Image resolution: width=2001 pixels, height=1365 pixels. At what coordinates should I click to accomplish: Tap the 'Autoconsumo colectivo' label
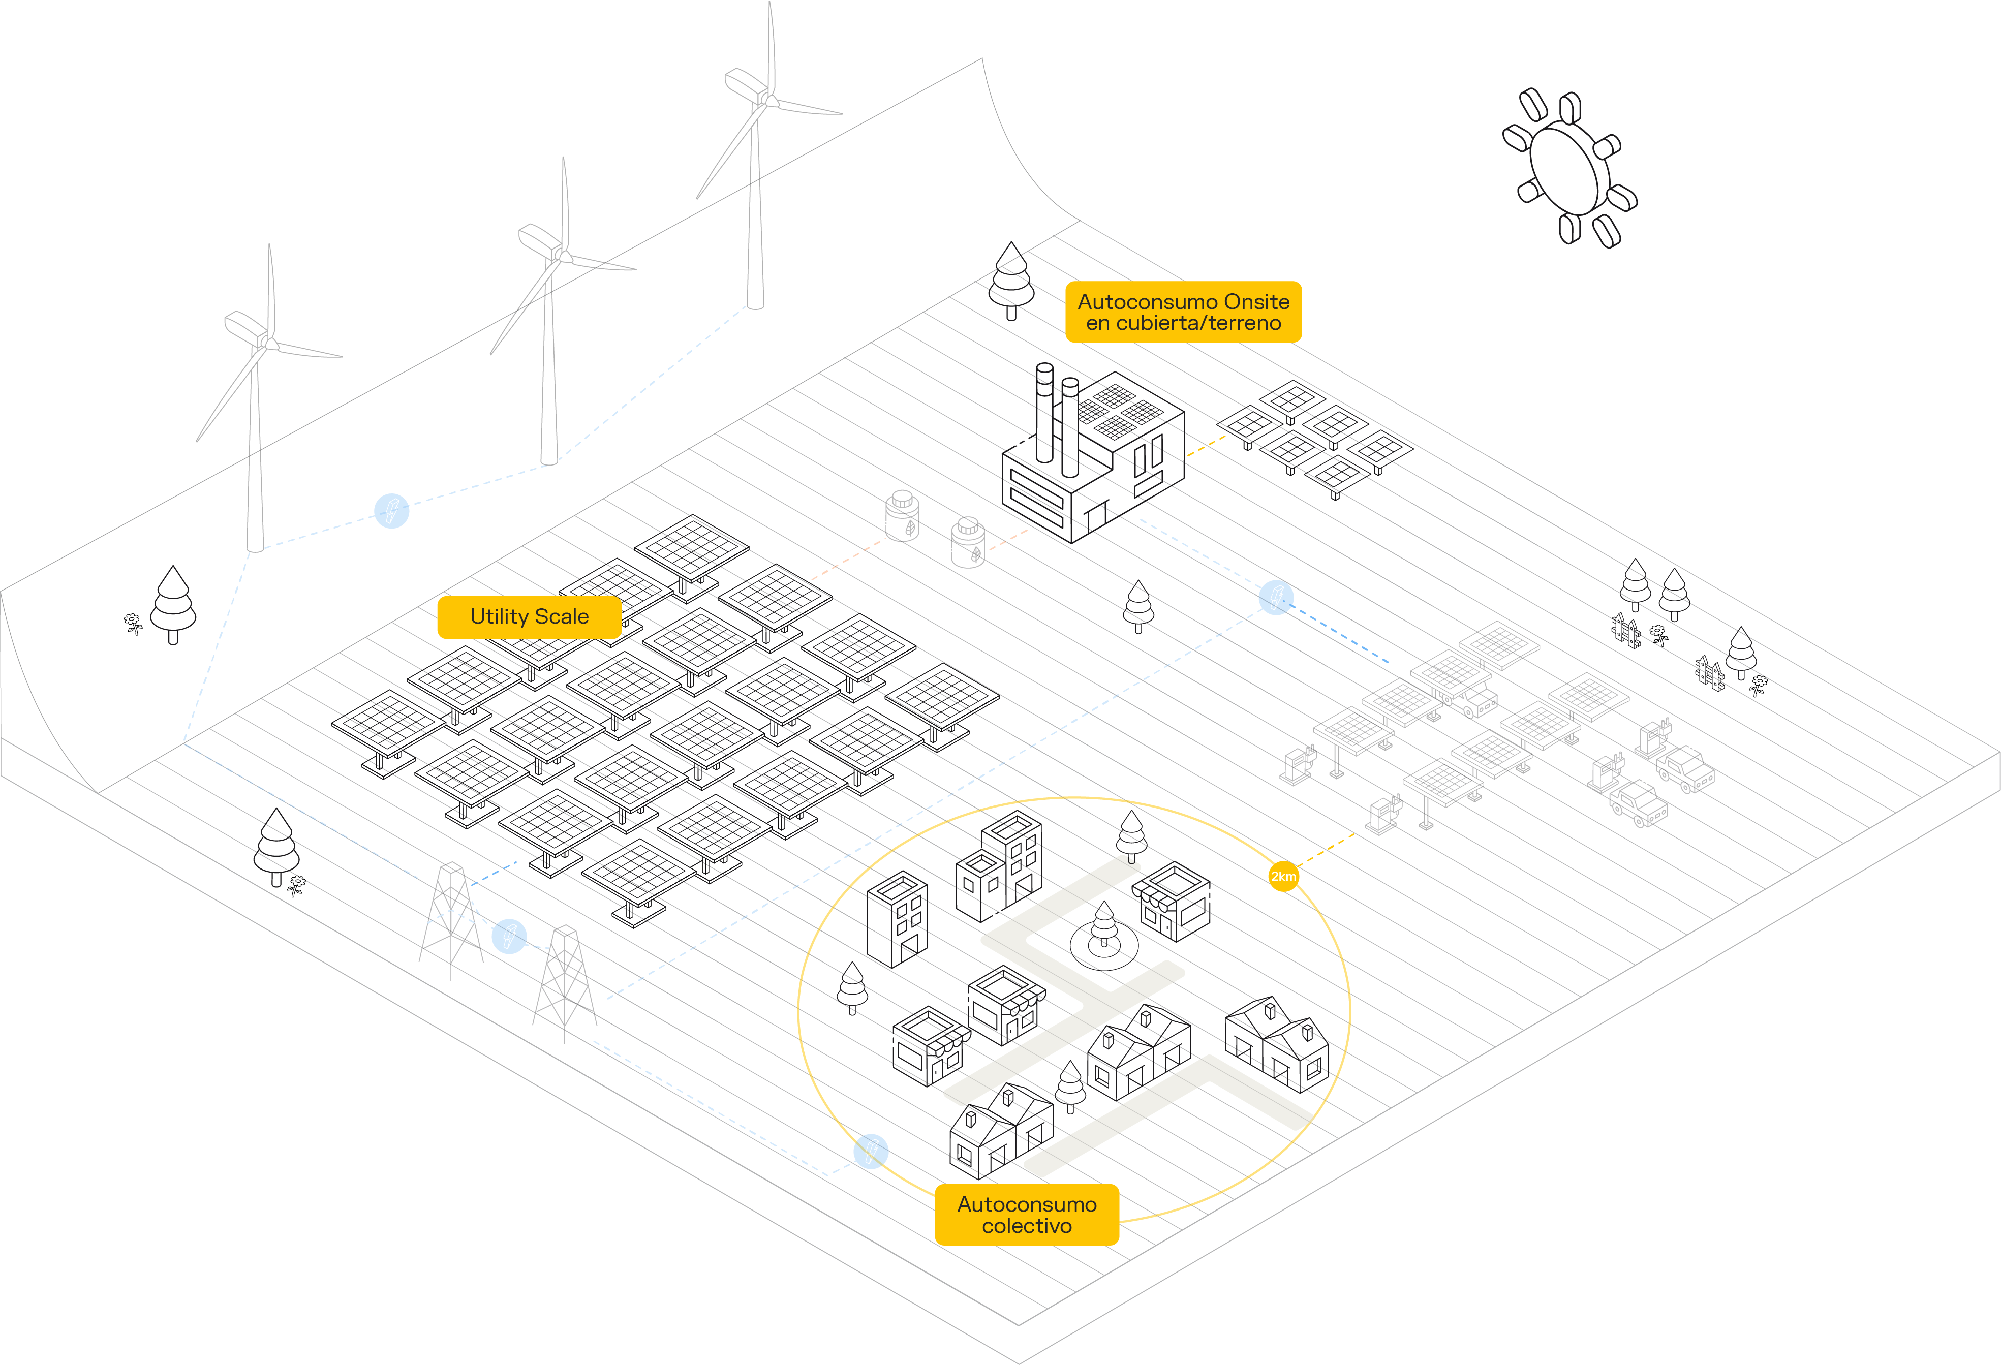[x=1026, y=1215]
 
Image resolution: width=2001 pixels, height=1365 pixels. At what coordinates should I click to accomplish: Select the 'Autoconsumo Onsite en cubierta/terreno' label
[x=1183, y=312]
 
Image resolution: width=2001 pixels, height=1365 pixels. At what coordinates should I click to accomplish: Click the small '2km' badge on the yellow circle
[x=1283, y=876]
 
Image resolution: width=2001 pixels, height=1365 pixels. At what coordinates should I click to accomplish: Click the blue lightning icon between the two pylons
[x=509, y=936]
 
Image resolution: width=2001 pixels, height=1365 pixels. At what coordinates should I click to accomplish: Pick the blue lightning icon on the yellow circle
[x=871, y=1151]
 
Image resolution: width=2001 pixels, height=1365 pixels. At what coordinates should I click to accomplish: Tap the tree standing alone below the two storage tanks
[x=1138, y=605]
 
